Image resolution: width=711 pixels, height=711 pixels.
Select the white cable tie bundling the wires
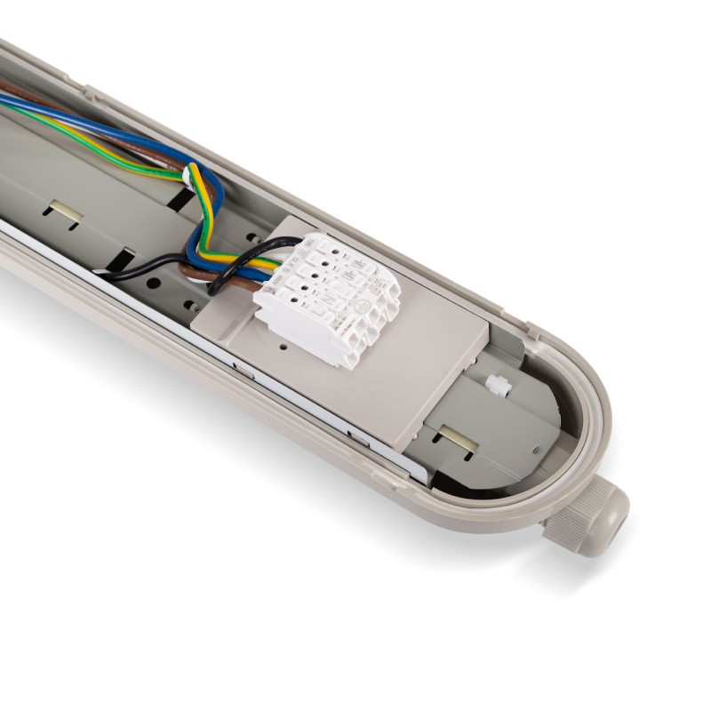[x=188, y=176]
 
